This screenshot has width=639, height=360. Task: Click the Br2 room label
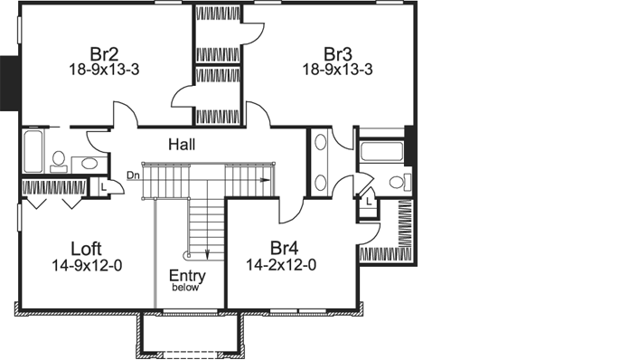point(99,51)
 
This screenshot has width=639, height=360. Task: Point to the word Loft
point(87,248)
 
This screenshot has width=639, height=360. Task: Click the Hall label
point(182,144)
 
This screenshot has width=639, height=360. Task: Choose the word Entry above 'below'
point(187,276)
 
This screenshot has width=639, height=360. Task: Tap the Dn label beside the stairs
point(133,175)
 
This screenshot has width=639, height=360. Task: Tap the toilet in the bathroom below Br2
point(59,160)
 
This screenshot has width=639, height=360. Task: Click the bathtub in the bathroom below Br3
point(382,151)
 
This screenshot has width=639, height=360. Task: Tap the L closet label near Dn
point(104,185)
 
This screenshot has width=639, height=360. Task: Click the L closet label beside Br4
point(369,201)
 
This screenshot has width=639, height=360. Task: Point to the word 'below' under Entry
point(187,289)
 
